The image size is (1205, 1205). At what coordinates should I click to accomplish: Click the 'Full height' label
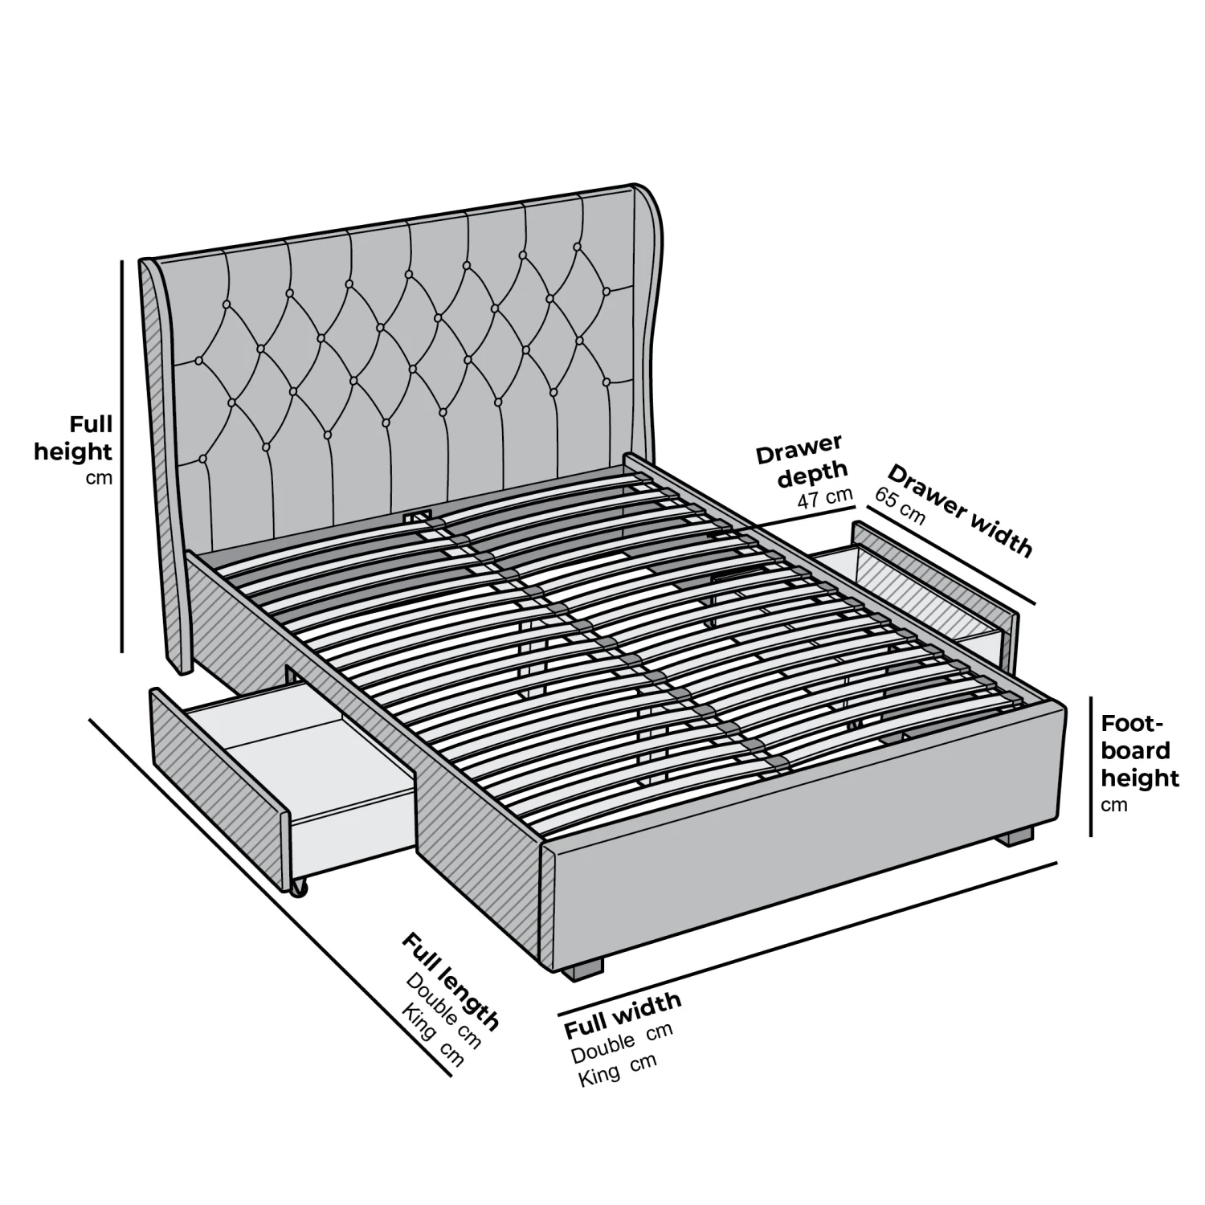[x=74, y=438]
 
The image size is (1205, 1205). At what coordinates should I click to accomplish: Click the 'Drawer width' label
[x=961, y=510]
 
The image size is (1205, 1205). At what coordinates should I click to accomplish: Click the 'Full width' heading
[x=623, y=1014]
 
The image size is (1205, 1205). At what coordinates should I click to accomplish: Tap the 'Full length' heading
[x=450, y=981]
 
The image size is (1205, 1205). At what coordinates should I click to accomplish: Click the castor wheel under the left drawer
[x=299, y=888]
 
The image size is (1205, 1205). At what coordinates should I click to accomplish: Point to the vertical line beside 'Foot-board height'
[x=1090, y=766]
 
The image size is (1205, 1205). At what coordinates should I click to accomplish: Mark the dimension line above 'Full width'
[x=807, y=937]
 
